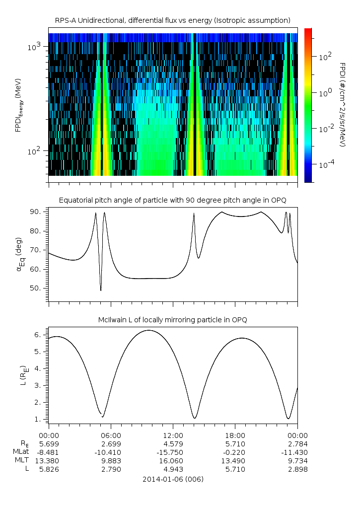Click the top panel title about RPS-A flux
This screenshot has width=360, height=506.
[172, 20]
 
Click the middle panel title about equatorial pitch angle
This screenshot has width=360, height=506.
[172, 200]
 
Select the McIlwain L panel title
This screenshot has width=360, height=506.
[172, 320]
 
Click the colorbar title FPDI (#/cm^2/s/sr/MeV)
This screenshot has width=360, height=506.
[342, 105]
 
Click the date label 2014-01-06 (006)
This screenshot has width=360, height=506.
[172, 479]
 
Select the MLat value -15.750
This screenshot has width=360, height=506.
[172, 452]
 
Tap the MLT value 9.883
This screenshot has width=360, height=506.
[110, 461]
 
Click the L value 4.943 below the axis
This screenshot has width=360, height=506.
[172, 469]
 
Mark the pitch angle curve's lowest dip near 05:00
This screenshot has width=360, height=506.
[101, 290]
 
